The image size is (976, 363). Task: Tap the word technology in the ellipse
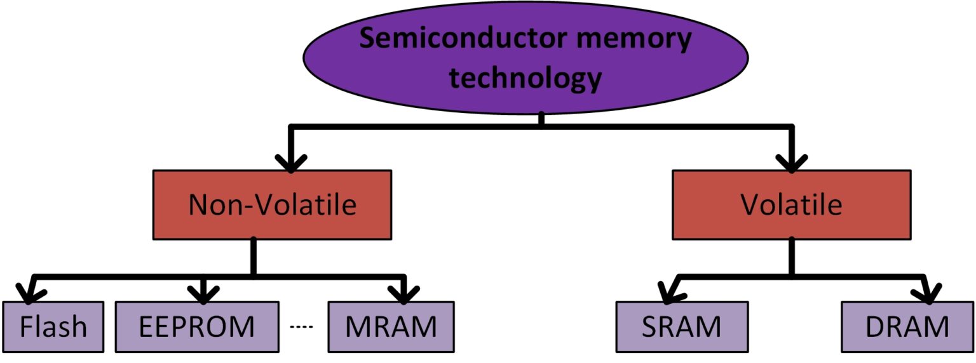525,78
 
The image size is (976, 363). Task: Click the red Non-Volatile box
272,204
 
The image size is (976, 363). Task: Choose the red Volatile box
791,204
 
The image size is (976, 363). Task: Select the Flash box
53,326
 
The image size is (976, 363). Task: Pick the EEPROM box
197,326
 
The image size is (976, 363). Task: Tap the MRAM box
391,326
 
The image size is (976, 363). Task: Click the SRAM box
682,326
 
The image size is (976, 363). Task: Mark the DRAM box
907,326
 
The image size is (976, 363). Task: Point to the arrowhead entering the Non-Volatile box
290,162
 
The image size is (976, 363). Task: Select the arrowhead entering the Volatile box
792,162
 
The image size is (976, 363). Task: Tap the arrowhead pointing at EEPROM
203,294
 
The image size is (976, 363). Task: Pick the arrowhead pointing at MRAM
404,294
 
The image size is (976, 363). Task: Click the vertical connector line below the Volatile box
791,257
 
